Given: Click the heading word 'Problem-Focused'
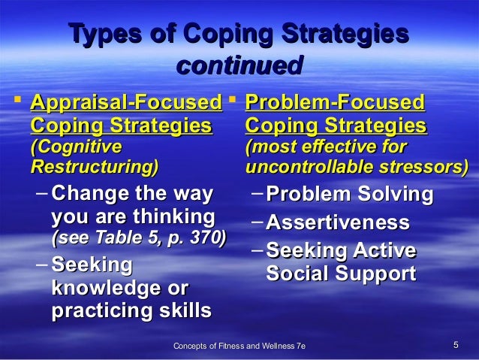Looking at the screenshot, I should [335, 102].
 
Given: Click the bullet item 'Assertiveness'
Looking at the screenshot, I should [338, 223].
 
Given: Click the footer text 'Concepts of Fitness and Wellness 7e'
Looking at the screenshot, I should [239, 346].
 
